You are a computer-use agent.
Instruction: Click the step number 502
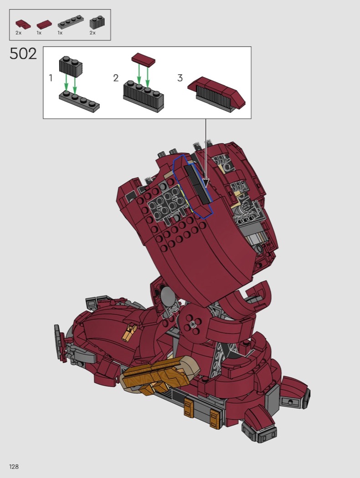23,54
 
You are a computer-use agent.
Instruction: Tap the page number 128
14,467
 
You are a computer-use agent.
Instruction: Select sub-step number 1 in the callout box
51,78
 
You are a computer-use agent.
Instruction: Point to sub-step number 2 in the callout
116,78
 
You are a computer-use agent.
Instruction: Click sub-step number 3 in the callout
180,78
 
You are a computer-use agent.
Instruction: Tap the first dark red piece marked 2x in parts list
23,24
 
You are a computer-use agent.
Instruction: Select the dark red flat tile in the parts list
44,25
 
